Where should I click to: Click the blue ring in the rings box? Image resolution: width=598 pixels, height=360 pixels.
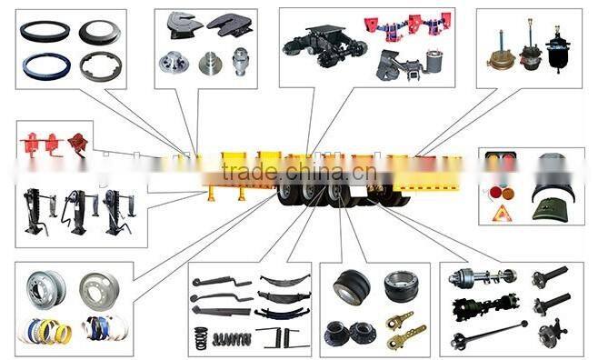(45, 67)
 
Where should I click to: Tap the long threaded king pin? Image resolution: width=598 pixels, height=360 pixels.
(240, 62)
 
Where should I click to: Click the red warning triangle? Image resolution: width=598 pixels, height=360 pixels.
(500, 214)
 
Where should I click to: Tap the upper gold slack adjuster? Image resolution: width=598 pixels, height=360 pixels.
(400, 320)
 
